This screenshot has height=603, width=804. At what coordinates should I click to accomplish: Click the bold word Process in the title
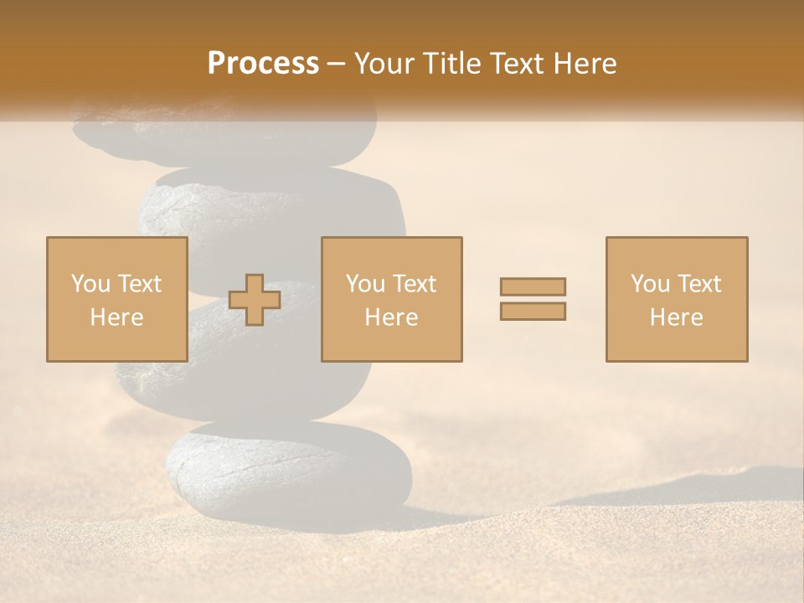[263, 64]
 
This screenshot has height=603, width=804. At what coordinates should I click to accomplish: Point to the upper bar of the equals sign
[533, 286]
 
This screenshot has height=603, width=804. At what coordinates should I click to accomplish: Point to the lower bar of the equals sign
[533, 312]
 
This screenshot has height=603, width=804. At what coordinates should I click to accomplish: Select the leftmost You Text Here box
[116, 299]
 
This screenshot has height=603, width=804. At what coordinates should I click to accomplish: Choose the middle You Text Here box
[391, 299]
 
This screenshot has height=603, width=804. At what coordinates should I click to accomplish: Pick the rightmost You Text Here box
[677, 299]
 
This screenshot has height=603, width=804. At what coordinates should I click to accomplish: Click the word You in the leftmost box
[90, 284]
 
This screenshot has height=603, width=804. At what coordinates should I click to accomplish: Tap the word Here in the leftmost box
[116, 317]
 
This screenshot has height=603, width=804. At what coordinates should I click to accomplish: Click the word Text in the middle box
[414, 284]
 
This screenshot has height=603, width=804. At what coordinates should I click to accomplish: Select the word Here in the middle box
[391, 317]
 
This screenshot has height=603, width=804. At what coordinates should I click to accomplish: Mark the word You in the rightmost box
[650, 284]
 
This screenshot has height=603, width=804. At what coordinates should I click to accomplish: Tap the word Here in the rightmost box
[677, 317]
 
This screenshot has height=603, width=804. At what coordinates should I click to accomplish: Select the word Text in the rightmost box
[698, 284]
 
